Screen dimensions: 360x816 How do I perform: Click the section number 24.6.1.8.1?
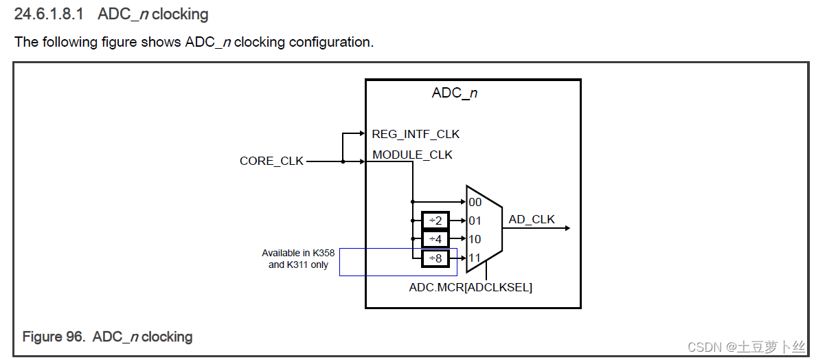coord(51,14)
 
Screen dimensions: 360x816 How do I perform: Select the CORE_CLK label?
coord(271,161)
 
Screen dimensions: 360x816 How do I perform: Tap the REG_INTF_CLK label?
coord(416,134)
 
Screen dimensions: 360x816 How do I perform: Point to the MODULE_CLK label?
coord(412,155)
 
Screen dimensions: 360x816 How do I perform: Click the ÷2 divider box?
coord(435,221)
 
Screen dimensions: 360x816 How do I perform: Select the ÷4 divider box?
coord(435,239)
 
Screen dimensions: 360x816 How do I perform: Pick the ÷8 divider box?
coord(435,258)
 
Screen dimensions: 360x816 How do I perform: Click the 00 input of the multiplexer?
coord(475,202)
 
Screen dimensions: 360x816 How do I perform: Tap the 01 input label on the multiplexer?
coord(475,221)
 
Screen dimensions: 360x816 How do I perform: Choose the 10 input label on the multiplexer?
coord(475,239)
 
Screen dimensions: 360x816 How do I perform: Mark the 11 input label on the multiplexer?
coord(475,258)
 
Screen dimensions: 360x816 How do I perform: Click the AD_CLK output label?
coord(531,220)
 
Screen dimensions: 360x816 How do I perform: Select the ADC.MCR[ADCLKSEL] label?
coord(471,287)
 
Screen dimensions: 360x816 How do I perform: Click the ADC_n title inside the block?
coord(454,93)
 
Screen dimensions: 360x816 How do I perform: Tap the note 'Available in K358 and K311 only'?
coord(298,259)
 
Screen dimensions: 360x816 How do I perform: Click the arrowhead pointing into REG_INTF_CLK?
coord(363,134)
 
